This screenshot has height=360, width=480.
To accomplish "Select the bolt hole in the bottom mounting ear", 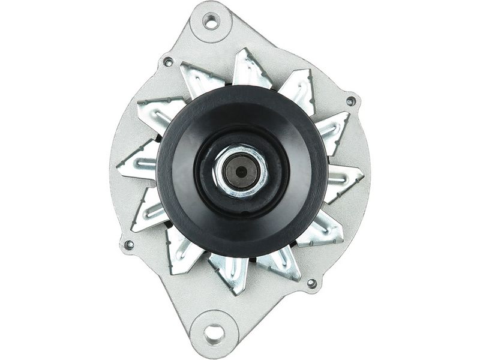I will click(213, 331).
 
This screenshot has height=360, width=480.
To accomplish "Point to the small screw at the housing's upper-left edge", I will click(168, 62).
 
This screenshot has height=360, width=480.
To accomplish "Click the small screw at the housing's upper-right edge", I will click(350, 101).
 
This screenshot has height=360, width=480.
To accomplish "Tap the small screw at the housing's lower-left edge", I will click(129, 245).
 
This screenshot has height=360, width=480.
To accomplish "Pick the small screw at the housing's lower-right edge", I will click(311, 283).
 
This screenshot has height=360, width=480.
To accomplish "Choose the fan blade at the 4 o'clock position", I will click(327, 229).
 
